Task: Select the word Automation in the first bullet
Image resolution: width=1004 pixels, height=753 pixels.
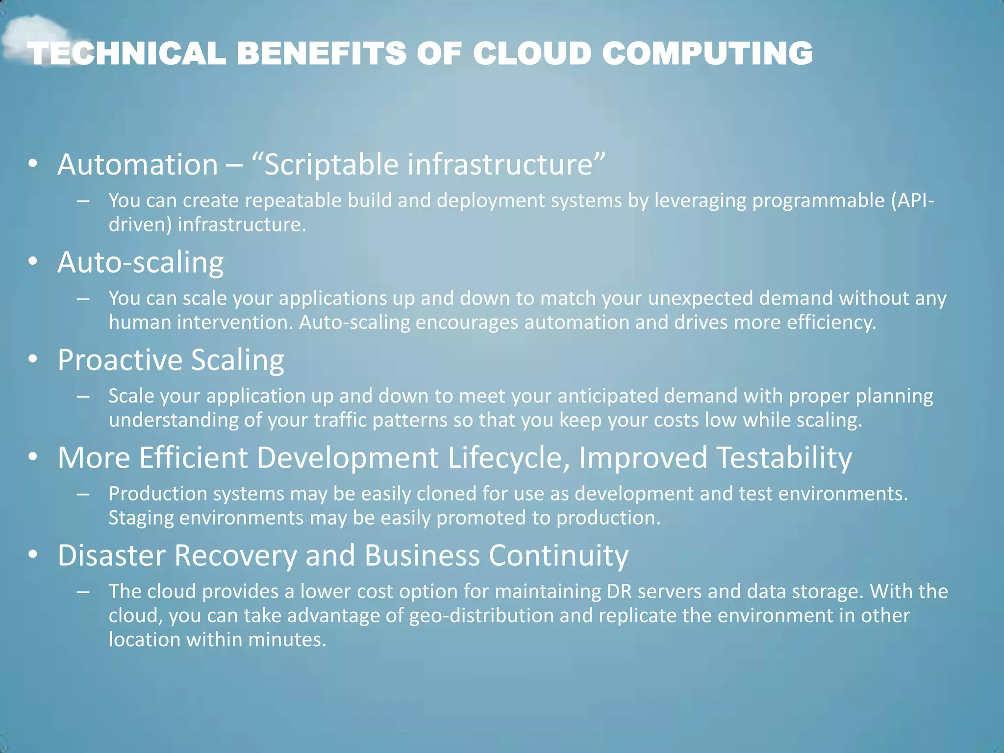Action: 138,164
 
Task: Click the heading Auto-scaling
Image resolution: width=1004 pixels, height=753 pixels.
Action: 141,262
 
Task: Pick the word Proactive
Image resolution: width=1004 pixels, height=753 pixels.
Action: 120,360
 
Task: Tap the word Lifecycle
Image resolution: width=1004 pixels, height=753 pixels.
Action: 509,457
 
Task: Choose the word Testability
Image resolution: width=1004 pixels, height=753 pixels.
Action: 784,457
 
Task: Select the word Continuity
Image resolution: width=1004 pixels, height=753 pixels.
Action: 558,555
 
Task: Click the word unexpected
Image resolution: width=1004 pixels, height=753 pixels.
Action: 700,298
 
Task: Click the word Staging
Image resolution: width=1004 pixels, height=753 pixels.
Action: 141,518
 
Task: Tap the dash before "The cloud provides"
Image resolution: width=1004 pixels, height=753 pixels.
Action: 83,592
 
